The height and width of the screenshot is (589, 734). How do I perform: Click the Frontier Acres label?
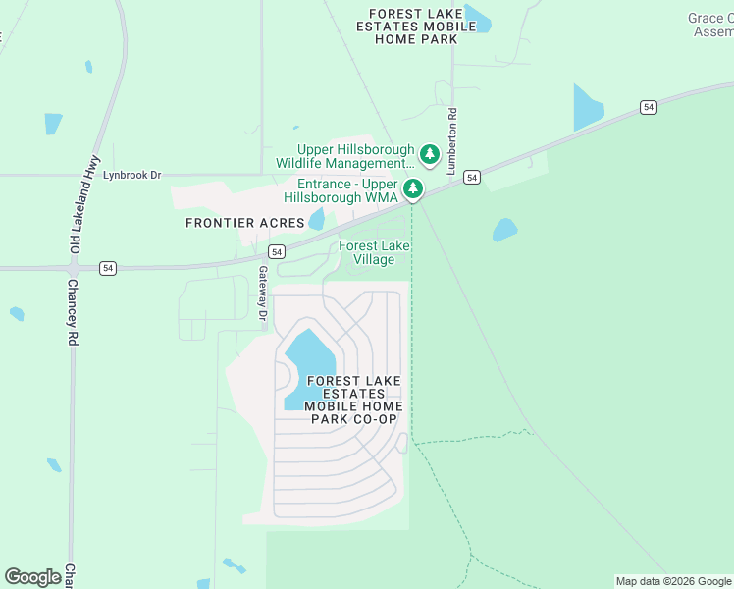(245, 223)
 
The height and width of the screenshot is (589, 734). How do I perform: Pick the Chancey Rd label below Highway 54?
(72, 312)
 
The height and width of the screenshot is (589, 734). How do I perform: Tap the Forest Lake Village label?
(373, 252)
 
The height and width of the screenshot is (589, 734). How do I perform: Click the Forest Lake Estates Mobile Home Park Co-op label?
(353, 400)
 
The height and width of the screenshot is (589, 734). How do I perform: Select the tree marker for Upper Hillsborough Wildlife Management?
(429, 154)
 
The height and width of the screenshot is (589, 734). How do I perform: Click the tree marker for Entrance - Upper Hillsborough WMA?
(414, 187)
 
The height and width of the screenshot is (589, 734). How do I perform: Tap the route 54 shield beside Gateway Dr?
(278, 252)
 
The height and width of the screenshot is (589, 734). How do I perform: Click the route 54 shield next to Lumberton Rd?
(473, 177)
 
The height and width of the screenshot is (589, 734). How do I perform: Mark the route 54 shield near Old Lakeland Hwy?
(108, 267)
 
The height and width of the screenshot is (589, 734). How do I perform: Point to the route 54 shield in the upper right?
(649, 106)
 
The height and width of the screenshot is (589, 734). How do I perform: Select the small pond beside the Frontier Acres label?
(316, 219)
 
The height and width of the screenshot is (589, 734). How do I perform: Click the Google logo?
(32, 577)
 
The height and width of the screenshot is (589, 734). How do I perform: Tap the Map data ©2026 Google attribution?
(673, 581)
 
